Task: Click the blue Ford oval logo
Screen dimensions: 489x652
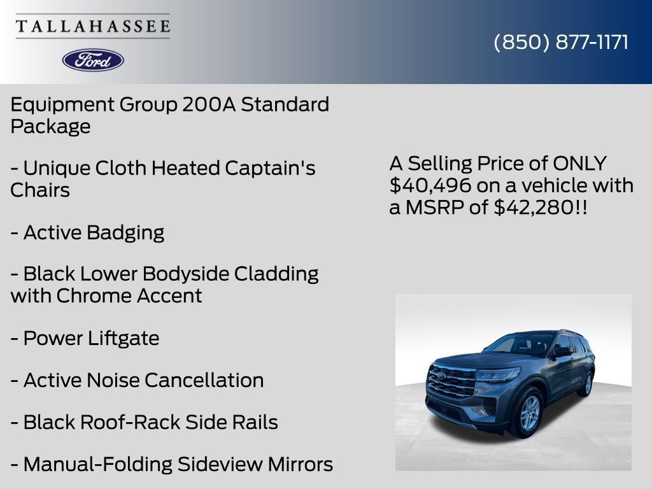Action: click(x=93, y=60)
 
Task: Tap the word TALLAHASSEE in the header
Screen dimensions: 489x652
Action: click(x=93, y=26)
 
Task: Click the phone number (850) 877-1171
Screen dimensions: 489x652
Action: click(x=561, y=42)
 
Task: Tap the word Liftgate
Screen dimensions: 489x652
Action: click(x=124, y=338)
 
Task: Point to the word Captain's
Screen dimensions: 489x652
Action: click(x=270, y=168)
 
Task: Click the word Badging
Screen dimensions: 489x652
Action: click(x=125, y=232)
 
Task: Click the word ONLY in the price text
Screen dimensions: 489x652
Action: click(x=579, y=164)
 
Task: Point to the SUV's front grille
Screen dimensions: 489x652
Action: click(x=451, y=381)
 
